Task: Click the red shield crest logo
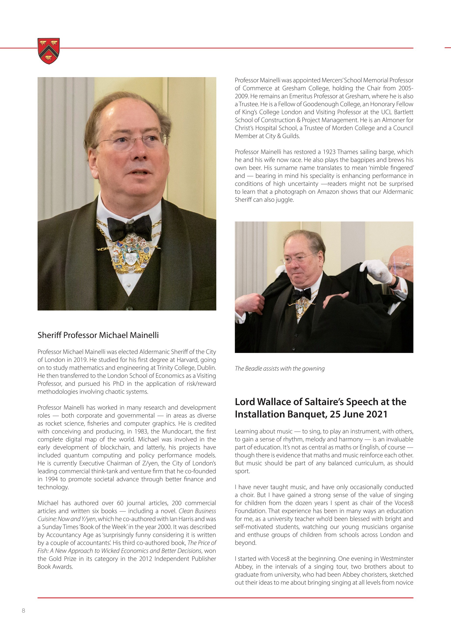(x=49, y=51)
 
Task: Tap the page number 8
(x=23, y=610)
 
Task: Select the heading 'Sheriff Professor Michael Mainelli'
(x=98, y=335)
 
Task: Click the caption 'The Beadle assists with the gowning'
(x=279, y=368)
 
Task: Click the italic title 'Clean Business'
(x=197, y=511)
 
